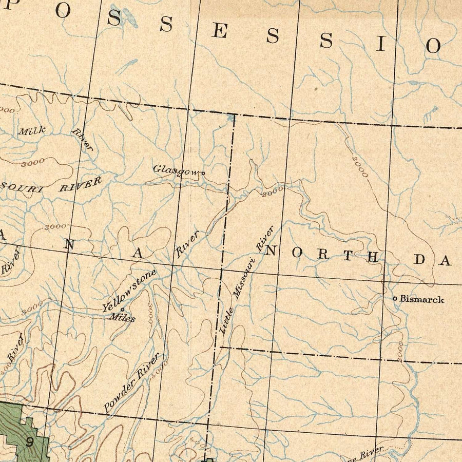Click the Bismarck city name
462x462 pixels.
click(422, 299)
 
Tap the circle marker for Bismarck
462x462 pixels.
click(395, 298)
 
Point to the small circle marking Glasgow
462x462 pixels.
click(203, 173)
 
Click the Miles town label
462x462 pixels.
click(122, 318)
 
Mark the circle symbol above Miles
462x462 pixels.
click(122, 309)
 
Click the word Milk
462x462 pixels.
click(32, 131)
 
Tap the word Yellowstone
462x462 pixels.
click(128, 291)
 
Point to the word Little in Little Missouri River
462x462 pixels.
click(226, 321)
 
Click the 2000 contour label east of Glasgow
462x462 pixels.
click(273, 192)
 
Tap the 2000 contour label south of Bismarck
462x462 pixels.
click(400, 351)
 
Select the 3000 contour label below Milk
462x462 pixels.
click(33, 163)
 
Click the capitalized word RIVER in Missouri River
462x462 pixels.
click(80, 184)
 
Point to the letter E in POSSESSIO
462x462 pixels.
click(220, 32)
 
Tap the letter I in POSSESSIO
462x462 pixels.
click(380, 44)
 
